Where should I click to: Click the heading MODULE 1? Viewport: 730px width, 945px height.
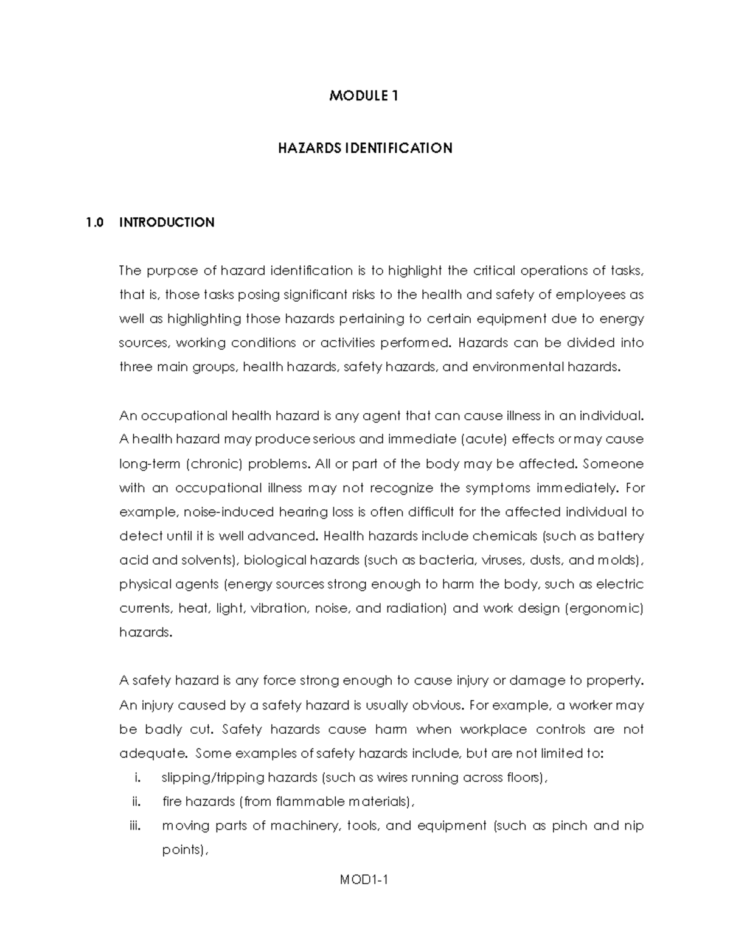point(364,96)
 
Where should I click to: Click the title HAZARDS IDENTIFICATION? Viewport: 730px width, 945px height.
point(365,148)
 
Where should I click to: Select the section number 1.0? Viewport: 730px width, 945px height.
point(96,223)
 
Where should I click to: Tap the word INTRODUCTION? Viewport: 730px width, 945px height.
point(167,223)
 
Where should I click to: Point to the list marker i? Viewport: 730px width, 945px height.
point(137,778)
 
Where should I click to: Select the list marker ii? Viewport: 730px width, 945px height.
point(136,802)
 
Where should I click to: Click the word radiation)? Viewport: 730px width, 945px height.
point(417,608)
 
